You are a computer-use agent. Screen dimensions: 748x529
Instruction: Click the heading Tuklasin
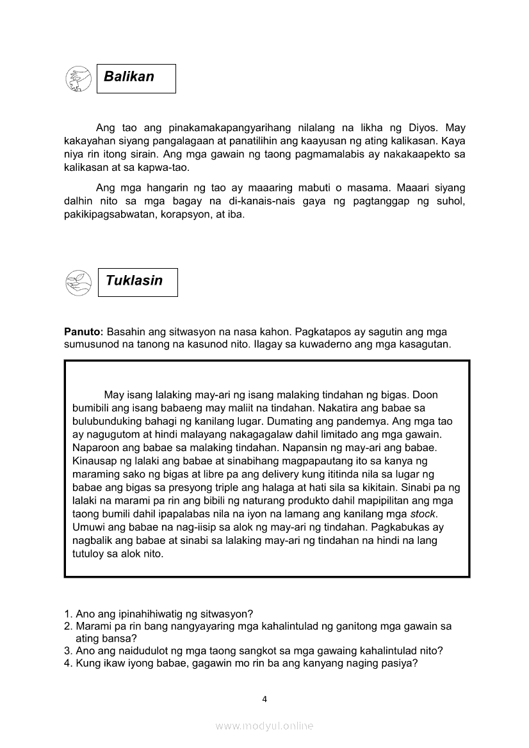point(134,281)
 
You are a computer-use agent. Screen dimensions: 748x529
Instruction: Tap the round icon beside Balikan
point(78,79)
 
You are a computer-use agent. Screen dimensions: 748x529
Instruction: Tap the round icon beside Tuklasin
point(78,282)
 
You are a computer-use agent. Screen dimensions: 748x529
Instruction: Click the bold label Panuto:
point(83,331)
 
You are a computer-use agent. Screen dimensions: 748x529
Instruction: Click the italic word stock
point(423,514)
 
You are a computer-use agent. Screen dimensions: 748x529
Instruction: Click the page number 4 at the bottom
point(264,699)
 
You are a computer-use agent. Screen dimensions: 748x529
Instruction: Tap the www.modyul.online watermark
point(264,726)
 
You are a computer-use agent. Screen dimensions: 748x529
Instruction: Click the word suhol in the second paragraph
point(451,202)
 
